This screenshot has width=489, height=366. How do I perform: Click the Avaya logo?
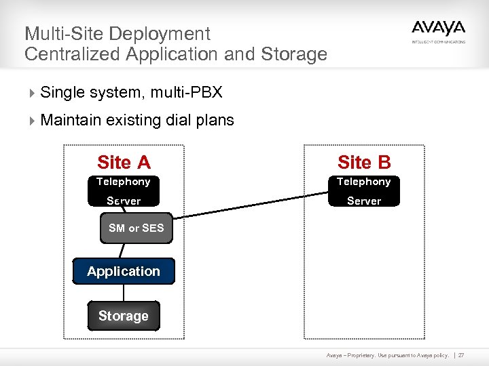point(438,29)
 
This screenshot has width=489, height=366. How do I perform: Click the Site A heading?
point(124,163)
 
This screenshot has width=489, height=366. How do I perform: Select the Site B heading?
point(364,163)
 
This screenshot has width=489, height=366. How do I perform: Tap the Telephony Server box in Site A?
point(124,190)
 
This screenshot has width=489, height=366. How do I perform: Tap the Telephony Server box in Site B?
point(364,190)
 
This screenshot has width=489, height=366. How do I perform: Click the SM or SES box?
point(136,228)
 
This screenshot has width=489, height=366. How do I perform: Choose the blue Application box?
point(124,271)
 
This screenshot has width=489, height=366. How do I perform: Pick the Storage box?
point(124,316)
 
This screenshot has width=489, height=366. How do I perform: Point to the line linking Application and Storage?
point(124,293)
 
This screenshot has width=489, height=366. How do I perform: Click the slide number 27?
point(461,354)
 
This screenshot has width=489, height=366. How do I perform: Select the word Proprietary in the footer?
point(364,354)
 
